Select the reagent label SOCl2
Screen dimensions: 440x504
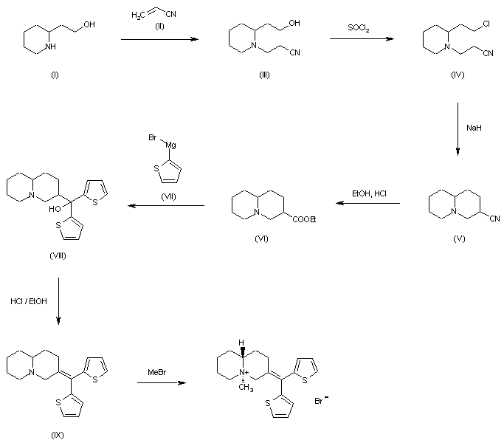click(360, 27)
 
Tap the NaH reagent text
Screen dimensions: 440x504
click(474, 128)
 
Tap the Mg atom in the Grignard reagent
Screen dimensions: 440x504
click(169, 146)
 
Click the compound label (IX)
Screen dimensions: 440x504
click(58, 434)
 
